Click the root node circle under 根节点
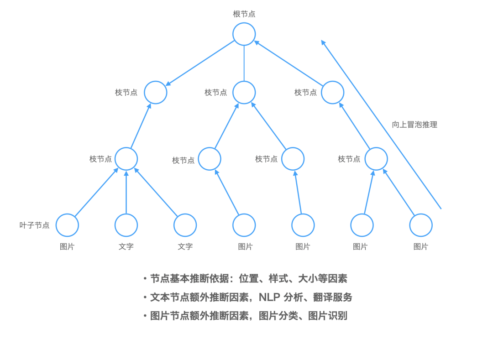[x=244, y=34]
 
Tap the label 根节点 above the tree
[x=244, y=14]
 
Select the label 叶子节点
[x=35, y=225]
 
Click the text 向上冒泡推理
[x=414, y=125]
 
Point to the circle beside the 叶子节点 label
[x=67, y=225]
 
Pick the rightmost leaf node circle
[x=421, y=225]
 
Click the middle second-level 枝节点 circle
[x=244, y=93]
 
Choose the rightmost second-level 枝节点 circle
[x=332, y=93]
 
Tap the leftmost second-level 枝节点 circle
[x=156, y=93]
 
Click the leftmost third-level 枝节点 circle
[x=126, y=159]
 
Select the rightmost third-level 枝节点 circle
[x=376, y=159]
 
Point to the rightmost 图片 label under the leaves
[x=420, y=247]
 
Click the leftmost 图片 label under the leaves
[x=67, y=247]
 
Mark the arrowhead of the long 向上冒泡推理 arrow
[x=323, y=42]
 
